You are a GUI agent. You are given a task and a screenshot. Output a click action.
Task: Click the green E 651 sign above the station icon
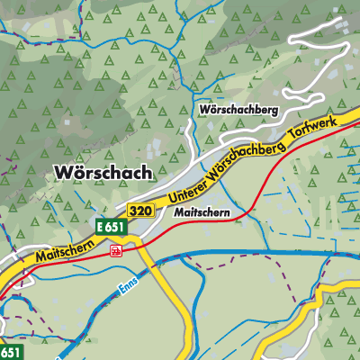pyautogui.click(x=110, y=229)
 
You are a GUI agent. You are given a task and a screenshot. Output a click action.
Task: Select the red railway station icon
pyautogui.click(x=116, y=251)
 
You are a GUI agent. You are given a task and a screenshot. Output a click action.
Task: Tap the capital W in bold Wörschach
pyautogui.click(x=62, y=173)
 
